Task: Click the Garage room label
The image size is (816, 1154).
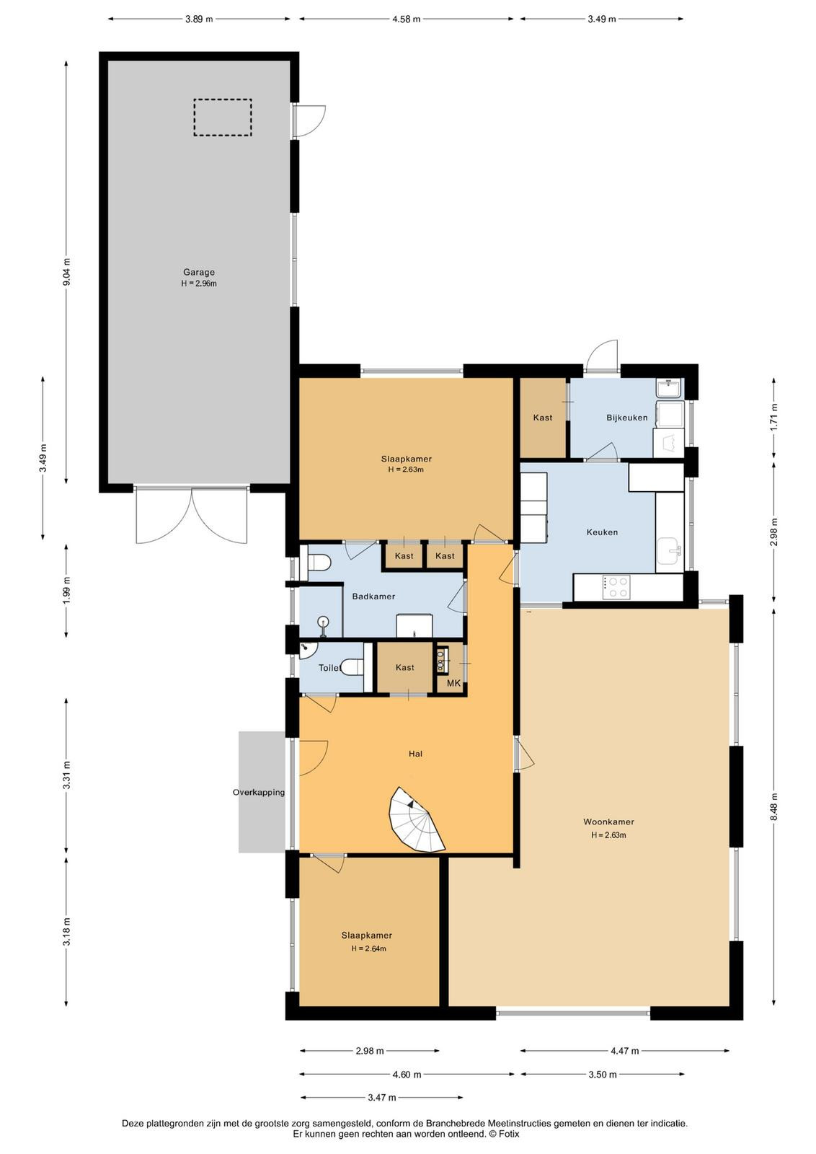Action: [x=199, y=272]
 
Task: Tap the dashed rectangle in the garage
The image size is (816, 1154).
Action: [x=223, y=100]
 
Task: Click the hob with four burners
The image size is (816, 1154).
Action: [x=616, y=586]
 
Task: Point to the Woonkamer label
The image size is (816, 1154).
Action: [x=608, y=822]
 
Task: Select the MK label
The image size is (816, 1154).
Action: [x=453, y=683]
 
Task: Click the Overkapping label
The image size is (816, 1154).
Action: [x=259, y=793]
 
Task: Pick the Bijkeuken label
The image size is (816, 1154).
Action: [x=626, y=418]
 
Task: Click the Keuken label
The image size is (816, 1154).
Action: [x=602, y=532]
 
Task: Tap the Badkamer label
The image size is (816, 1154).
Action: [x=373, y=596]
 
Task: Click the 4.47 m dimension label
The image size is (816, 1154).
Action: [x=624, y=1050]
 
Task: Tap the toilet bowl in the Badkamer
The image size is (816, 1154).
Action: [x=318, y=562]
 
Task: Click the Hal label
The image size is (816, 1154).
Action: [x=415, y=754]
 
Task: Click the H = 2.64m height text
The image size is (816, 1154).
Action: [x=368, y=948]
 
